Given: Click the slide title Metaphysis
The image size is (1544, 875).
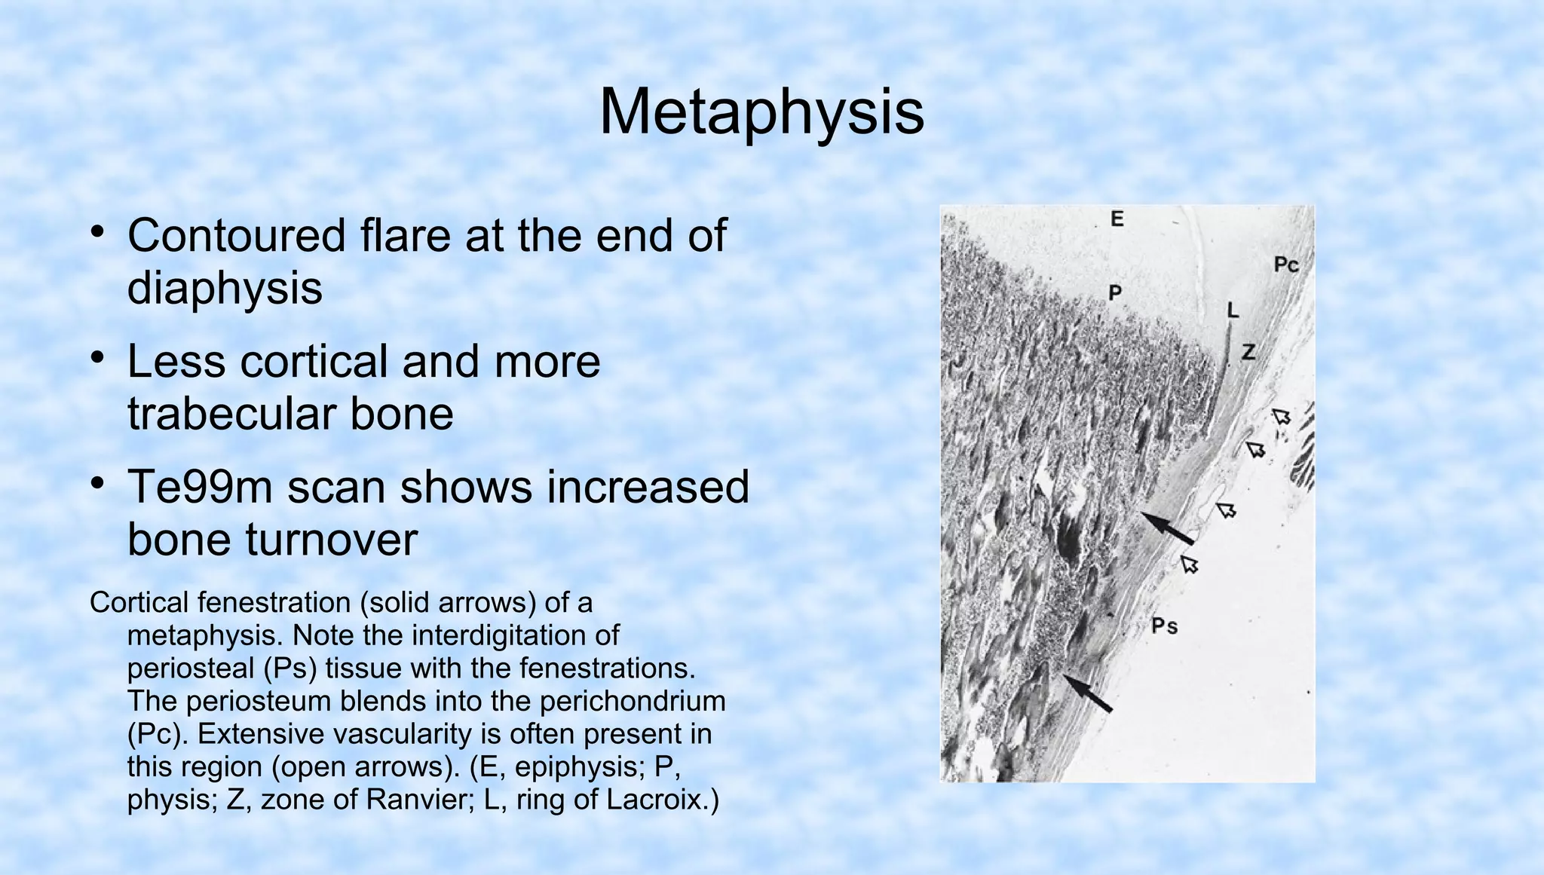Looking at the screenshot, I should point(761,113).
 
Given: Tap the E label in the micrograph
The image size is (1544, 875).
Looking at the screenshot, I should point(1117,219).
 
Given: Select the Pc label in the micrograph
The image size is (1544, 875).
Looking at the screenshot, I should point(1286,265).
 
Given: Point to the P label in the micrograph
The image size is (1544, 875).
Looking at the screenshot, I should point(1115,292).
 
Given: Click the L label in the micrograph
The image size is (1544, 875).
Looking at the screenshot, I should point(1233,310).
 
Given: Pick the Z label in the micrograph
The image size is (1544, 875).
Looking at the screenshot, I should point(1249,352).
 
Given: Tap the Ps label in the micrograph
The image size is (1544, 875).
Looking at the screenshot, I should point(1164,626).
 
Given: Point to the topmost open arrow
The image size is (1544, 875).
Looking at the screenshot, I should point(1281,416).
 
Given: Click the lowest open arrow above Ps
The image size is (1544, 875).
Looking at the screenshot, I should point(1190,564).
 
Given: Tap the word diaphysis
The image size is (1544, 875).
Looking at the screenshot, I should point(225,288).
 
